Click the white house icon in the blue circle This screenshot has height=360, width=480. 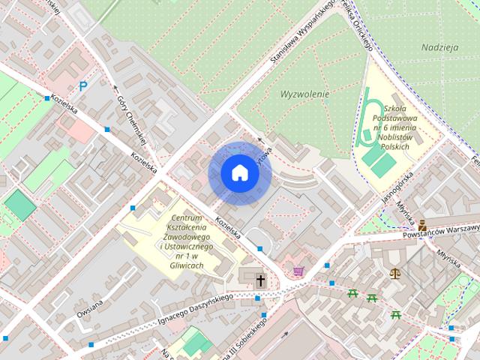[x=239, y=173]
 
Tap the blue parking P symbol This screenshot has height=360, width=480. [x=83, y=86]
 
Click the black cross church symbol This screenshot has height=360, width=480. [x=261, y=281]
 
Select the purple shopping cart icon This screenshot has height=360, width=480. [x=298, y=271]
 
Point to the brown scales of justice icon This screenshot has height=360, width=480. [x=395, y=273]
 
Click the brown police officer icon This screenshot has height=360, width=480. [x=423, y=223]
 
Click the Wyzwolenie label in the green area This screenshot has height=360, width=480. [x=304, y=95]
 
